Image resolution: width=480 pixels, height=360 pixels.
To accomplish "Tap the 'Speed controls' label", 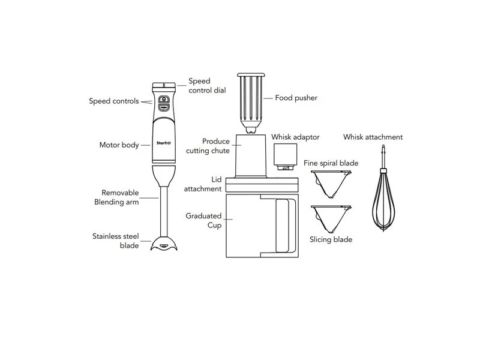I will pos(114,101).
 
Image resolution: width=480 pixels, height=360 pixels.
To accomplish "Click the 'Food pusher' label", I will pos(296,97).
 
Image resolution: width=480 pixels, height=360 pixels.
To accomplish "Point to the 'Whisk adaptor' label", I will pos(295,137).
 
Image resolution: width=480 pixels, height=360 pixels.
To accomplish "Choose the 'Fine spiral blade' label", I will pos(331,163).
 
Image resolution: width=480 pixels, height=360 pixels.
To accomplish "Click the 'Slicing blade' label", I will pos(331,239).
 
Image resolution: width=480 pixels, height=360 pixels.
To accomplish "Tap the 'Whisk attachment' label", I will pos(373,137).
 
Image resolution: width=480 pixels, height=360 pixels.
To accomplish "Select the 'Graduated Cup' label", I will pos(203,220).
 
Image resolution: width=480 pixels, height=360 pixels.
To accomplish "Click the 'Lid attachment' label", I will pos(202,184).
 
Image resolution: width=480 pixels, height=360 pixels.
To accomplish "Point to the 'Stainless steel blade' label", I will pos(115,241).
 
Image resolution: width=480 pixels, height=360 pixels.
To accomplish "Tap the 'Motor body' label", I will pos(119,145).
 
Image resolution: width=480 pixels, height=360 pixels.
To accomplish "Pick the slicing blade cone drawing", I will pos(332,217).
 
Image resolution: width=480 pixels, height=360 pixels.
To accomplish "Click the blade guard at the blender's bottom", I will pos(164,244).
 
